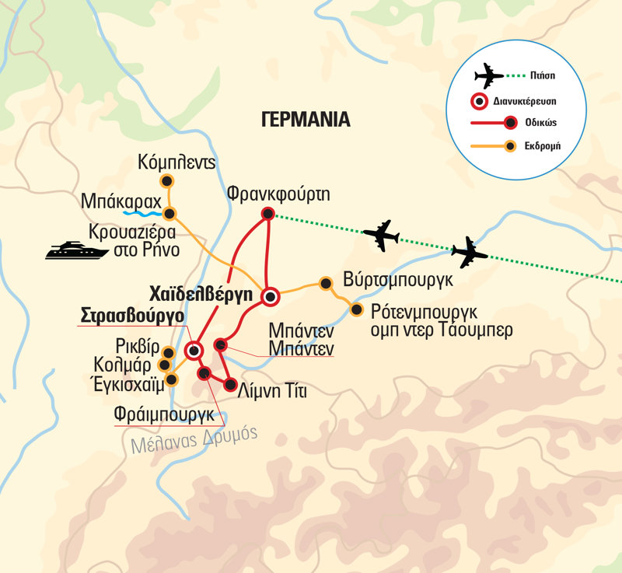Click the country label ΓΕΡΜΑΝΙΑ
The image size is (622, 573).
click(x=306, y=120)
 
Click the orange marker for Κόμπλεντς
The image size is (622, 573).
click(x=166, y=181)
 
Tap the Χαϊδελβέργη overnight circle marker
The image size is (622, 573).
click(x=270, y=296)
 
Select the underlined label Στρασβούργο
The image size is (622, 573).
click(x=132, y=316)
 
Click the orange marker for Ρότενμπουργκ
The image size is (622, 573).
click(x=356, y=310)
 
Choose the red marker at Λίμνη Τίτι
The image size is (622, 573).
click(x=230, y=384)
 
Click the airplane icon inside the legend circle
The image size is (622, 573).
click(x=489, y=76)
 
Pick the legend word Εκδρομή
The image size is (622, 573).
click(x=544, y=145)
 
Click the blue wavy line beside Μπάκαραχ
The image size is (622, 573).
click(x=142, y=211)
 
